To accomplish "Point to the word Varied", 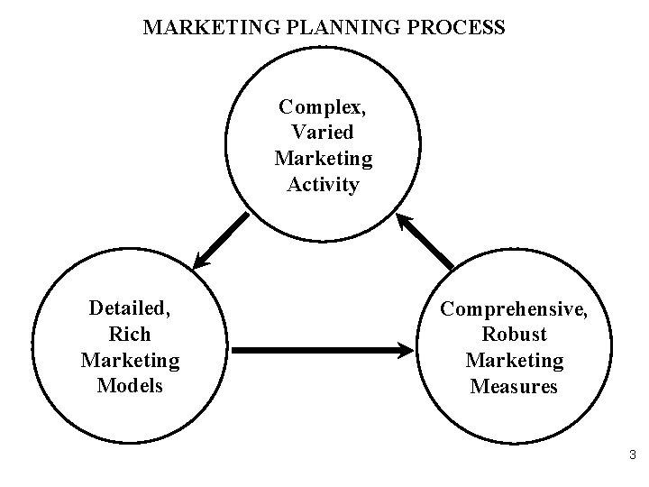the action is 323,133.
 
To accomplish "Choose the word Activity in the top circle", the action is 323,185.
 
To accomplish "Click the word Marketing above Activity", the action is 323,159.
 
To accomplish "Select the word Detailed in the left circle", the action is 130,308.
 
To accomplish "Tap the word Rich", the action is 130,335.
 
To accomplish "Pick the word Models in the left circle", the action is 130,386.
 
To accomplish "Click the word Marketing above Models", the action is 130,361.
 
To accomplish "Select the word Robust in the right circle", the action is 514,335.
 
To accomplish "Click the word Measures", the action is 514,387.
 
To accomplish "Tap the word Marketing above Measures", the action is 514,361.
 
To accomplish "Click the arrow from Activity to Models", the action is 220,242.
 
